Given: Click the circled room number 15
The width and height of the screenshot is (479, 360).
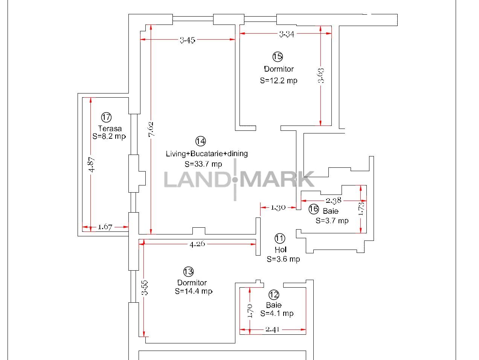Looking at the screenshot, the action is (x=278, y=57).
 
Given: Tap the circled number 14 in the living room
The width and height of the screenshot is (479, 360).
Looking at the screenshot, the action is (x=201, y=141).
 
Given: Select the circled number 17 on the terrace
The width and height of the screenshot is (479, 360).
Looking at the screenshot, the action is (x=106, y=117).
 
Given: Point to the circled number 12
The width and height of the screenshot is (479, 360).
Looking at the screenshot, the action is (x=274, y=295).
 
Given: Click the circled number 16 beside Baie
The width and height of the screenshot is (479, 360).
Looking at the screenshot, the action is (x=314, y=209).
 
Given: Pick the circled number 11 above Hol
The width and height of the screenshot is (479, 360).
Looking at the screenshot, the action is (x=280, y=238).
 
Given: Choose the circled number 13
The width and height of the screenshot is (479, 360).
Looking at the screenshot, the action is (x=188, y=271).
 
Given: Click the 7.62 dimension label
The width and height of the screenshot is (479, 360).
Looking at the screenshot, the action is (x=151, y=129).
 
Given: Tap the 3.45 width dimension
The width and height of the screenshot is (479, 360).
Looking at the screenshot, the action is (x=188, y=40).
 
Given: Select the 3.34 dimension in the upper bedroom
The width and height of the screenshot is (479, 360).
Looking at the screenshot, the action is (x=287, y=34).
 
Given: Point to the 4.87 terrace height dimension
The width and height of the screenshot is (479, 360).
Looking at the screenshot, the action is (x=92, y=164).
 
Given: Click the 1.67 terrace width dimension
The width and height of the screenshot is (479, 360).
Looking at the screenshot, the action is (x=105, y=227).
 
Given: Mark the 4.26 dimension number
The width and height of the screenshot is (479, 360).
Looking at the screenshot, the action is (x=197, y=244).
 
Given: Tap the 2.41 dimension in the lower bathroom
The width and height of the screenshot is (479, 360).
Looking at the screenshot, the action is (x=272, y=329).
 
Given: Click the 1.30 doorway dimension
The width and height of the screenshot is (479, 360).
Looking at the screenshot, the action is (x=278, y=208).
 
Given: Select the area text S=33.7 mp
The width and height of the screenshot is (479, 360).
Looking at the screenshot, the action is (x=203, y=164).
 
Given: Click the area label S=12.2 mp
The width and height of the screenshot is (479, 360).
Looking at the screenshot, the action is (x=279, y=81).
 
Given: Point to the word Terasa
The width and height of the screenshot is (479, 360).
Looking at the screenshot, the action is (x=110, y=128).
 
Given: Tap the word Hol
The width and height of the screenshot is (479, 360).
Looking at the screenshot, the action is (x=281, y=250).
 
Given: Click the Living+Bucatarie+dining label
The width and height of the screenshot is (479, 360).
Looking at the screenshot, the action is (x=207, y=153).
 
